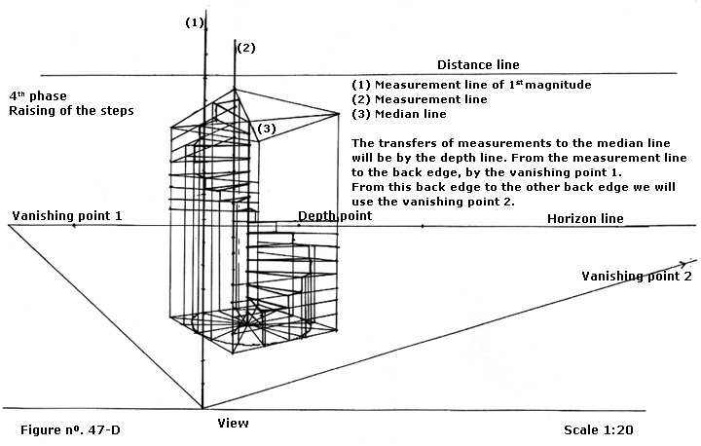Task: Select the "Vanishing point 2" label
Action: pos(637,277)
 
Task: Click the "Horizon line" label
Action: pos(584,219)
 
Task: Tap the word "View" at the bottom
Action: pos(234,424)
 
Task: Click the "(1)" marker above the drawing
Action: pos(195,23)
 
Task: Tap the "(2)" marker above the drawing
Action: pos(246,48)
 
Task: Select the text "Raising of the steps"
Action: pos(71,111)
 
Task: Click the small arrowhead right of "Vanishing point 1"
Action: pos(75,226)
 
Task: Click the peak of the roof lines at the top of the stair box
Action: pos(234,92)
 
